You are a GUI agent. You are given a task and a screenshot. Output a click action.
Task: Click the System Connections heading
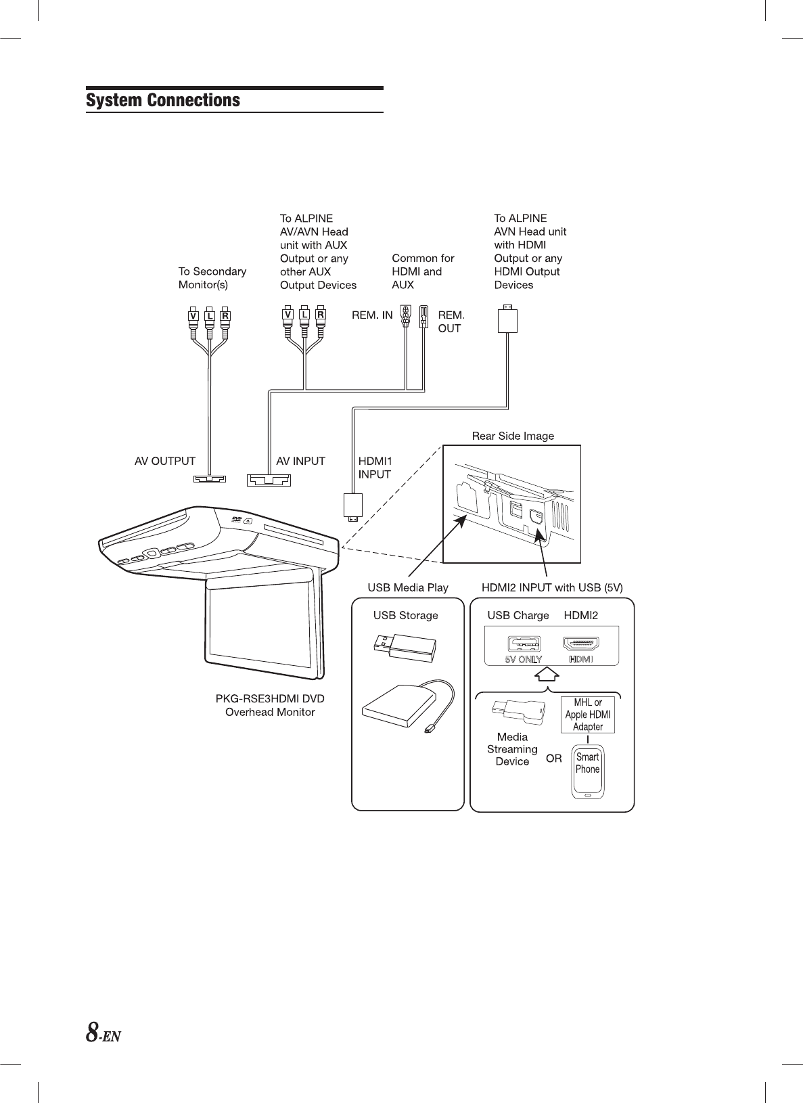pyautogui.click(x=163, y=100)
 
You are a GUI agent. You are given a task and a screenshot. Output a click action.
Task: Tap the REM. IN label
pyautogui.click(x=372, y=315)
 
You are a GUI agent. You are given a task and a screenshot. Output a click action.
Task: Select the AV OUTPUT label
pyautogui.click(x=165, y=461)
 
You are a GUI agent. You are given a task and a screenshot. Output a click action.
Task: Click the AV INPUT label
pyautogui.click(x=300, y=461)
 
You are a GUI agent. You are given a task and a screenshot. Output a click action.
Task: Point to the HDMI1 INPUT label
pyautogui.click(x=375, y=468)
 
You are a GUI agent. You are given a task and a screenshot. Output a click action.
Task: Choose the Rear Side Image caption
pyautogui.click(x=513, y=436)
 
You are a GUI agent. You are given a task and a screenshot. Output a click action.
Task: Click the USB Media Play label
pyautogui.click(x=408, y=587)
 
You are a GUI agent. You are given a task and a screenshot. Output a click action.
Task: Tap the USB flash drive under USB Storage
pyautogui.click(x=404, y=646)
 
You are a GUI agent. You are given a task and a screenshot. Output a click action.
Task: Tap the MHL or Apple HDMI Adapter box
pyautogui.click(x=587, y=715)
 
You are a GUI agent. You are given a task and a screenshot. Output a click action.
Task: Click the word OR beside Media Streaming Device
pyautogui.click(x=554, y=759)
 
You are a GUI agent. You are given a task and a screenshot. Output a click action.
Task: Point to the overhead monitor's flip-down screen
pyautogui.click(x=260, y=626)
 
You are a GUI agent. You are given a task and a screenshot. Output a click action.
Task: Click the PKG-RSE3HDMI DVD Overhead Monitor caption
pyautogui.click(x=270, y=705)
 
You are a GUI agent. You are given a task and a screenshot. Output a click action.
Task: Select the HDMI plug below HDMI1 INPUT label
pyautogui.click(x=353, y=507)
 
